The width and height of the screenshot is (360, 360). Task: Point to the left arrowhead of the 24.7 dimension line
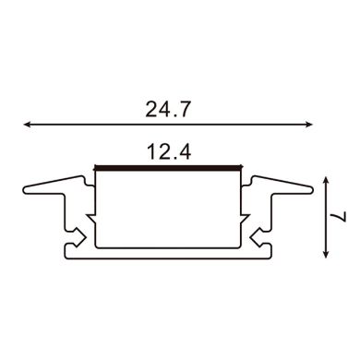pos(25,122)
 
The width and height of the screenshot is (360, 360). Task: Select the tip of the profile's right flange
pos(317,190)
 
